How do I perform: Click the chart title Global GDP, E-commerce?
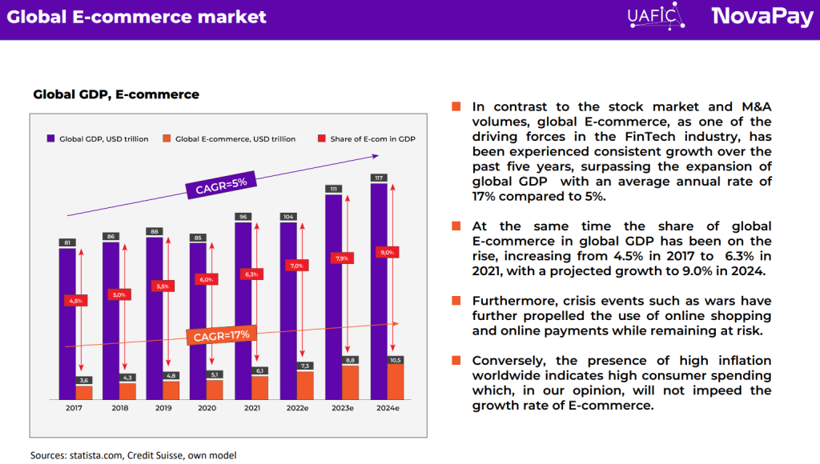click(x=116, y=94)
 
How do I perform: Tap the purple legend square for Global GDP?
click(x=51, y=138)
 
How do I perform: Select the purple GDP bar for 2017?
click(x=67, y=320)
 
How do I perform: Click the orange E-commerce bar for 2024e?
click(x=395, y=382)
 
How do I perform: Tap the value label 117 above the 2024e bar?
click(x=379, y=178)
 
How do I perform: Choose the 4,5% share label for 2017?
click(x=75, y=300)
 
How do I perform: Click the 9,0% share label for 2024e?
click(x=388, y=252)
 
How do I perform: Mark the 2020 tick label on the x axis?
click(x=206, y=408)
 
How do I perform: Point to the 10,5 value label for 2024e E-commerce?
click(x=395, y=360)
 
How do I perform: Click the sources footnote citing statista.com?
click(x=134, y=454)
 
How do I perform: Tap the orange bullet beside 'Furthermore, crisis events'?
click(x=456, y=301)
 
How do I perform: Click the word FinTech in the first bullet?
click(x=637, y=137)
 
